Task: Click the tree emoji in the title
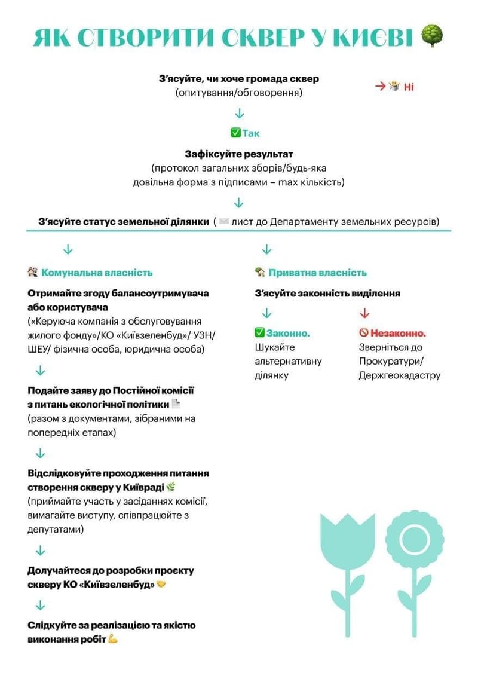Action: (432, 36)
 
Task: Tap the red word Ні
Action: (409, 87)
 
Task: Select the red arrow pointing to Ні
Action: (380, 86)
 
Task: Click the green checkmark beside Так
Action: (235, 133)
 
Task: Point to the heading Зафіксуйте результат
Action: (239, 154)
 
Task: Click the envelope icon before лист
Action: (224, 222)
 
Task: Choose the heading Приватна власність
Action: (317, 273)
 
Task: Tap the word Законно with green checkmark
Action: (288, 333)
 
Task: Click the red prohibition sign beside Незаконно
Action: (363, 333)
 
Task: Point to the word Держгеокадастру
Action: (399, 375)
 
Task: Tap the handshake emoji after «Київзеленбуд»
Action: (161, 584)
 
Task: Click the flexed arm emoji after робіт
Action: (113, 639)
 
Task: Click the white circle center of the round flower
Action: (415, 539)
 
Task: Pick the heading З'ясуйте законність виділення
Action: (327, 294)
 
